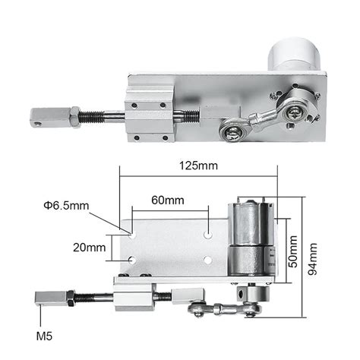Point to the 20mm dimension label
[x=90, y=248]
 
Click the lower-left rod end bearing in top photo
[x=232, y=133]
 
